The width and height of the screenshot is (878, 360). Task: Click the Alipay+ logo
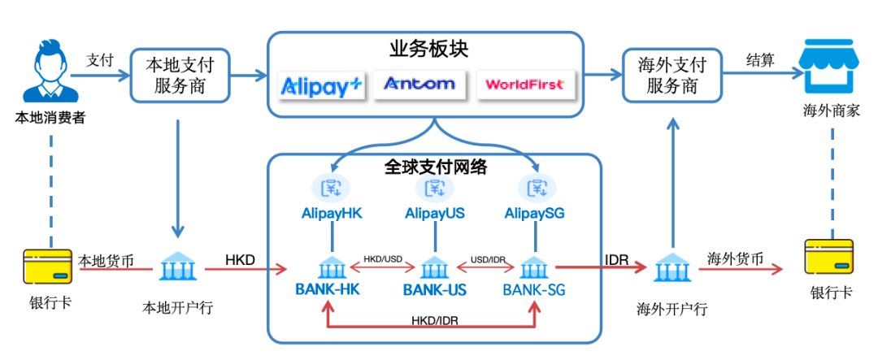323,85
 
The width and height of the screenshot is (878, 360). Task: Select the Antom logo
420,85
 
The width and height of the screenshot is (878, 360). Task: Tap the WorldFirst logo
524,85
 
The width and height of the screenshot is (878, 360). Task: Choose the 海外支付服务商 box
672,76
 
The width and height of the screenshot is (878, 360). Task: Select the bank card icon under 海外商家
830,258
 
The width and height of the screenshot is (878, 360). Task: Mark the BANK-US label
434,289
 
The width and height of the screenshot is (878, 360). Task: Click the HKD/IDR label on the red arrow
435,321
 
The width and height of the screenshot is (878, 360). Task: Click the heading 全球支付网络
435,167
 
